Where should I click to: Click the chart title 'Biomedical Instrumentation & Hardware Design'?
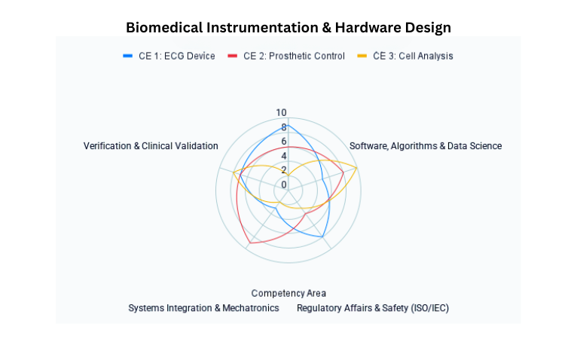point(288,28)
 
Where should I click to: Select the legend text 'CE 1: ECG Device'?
point(176,56)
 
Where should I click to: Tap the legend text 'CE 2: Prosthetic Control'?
point(294,56)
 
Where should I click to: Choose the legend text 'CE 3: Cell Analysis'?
point(413,56)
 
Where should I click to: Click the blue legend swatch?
point(128,56)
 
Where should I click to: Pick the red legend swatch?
point(233,56)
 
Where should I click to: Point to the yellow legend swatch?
point(362,56)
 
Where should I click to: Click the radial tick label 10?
point(281,113)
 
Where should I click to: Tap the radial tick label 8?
point(284,127)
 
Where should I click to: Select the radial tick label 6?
point(284,142)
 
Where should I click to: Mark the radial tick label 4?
point(284,156)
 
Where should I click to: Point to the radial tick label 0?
point(284,185)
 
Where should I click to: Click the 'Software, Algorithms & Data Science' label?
point(426,146)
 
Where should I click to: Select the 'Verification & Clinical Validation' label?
point(151,146)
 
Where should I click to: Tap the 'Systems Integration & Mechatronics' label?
point(203,308)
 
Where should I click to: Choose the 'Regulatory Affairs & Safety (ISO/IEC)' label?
point(373,308)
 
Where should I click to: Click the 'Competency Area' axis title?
point(288,294)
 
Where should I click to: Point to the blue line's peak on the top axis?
point(288,125)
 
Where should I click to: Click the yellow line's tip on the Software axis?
point(357,168)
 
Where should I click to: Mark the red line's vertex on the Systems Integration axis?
point(250,243)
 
